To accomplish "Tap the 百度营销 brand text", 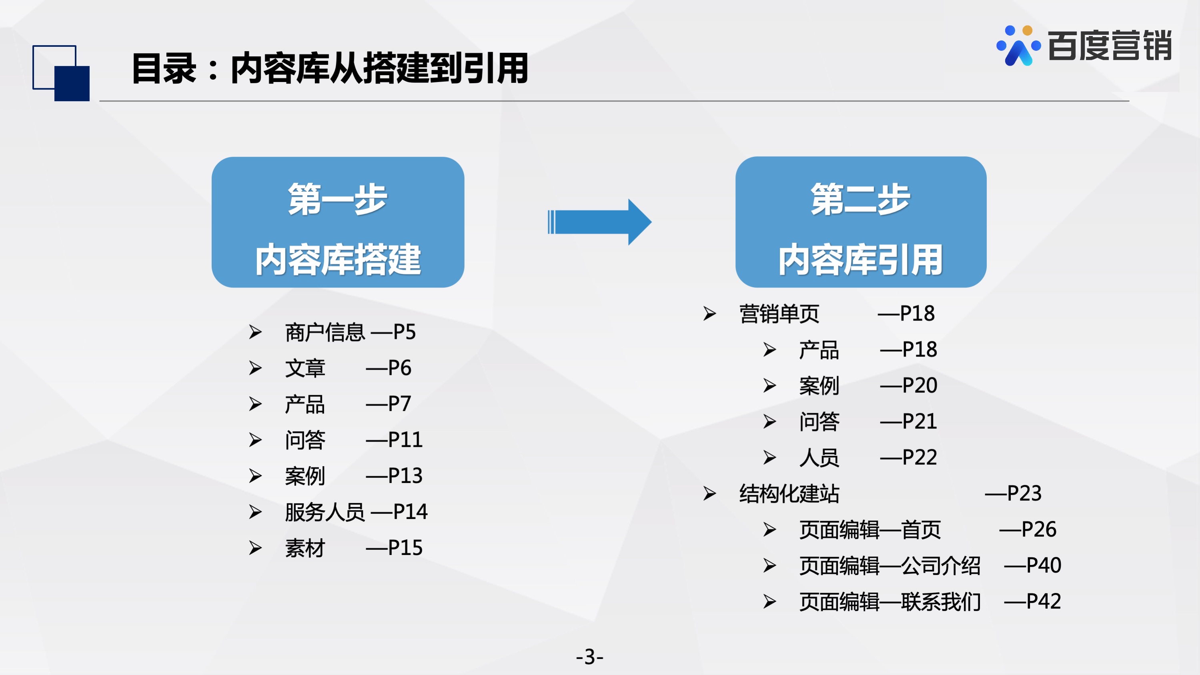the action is click(x=1110, y=46).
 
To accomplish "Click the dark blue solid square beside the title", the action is click(x=72, y=83).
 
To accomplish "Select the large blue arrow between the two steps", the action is click(x=599, y=222).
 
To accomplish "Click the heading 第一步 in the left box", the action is click(x=338, y=199).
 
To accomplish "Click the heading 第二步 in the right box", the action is click(x=860, y=199).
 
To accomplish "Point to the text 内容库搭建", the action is click(x=338, y=259).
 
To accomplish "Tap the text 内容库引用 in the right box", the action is click(x=861, y=259).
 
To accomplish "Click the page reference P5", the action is click(x=405, y=332).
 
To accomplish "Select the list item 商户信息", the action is click(x=325, y=332).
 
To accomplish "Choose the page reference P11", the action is click(x=405, y=440).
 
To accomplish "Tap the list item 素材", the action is click(x=305, y=548).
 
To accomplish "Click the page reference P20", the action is click(x=920, y=385).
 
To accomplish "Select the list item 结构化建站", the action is click(x=789, y=493).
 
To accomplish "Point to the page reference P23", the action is click(x=1024, y=493).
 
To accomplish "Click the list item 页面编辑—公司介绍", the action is click(x=890, y=565).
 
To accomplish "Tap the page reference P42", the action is click(x=1044, y=601).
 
